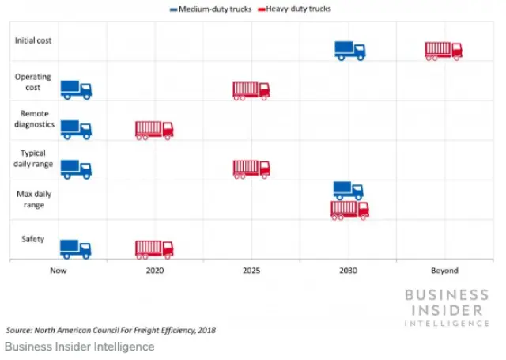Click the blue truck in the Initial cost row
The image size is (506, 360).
point(349,51)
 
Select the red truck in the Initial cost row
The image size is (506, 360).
point(444,51)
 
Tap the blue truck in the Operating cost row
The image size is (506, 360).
point(76,90)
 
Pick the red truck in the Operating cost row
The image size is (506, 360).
point(251,90)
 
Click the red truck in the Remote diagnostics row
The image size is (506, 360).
point(154,130)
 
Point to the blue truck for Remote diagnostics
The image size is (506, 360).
point(76,130)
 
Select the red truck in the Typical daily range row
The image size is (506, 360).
point(251,169)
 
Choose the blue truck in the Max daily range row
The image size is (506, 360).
point(348,191)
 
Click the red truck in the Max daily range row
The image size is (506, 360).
point(349,210)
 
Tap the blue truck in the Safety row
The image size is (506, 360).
point(76,249)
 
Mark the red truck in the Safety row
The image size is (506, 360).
point(154,249)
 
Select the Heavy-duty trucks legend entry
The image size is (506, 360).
point(295,9)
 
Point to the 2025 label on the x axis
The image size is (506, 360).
point(251,271)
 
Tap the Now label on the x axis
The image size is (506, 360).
point(58,271)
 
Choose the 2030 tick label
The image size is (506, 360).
point(348,271)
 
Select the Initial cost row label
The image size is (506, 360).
point(32,40)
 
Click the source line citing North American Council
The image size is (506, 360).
point(111,330)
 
